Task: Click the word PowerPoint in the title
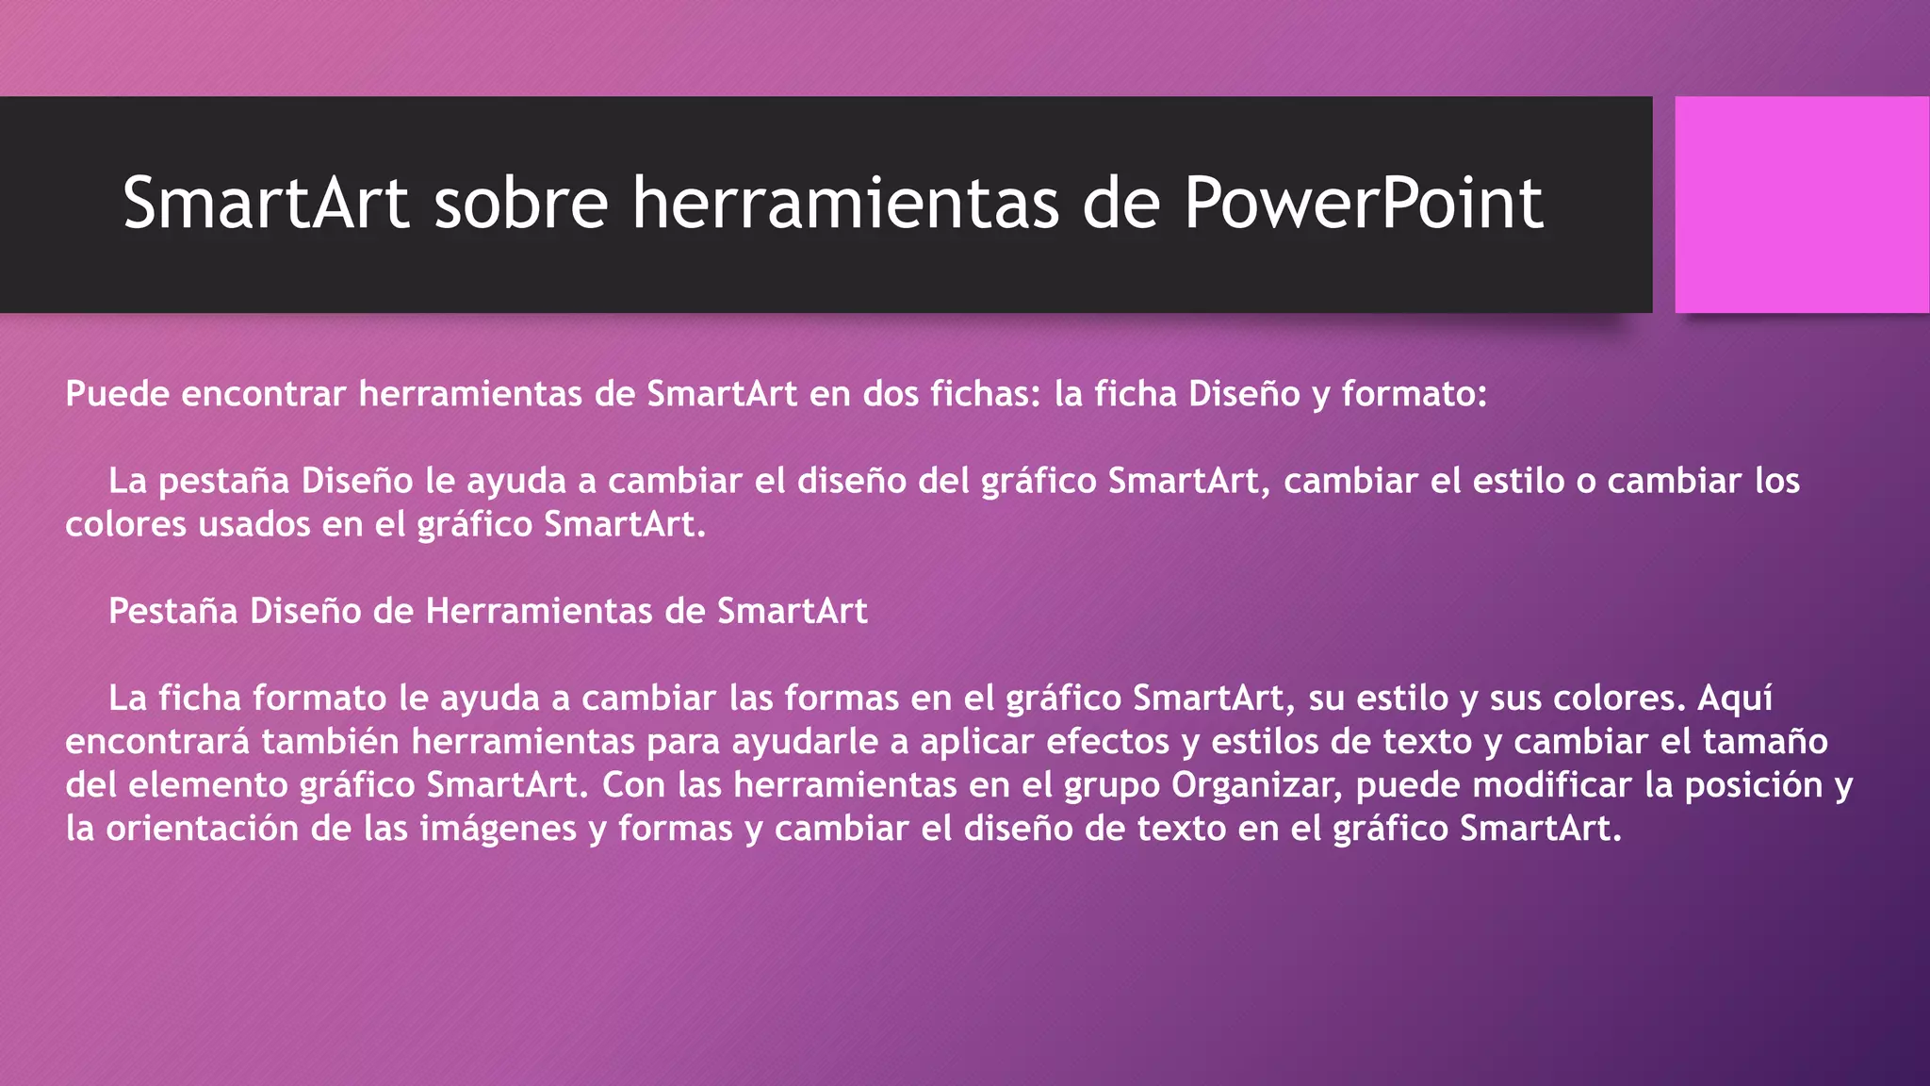click(x=1363, y=204)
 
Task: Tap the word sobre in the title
click(x=520, y=204)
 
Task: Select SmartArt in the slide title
click(x=266, y=204)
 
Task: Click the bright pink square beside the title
click(x=1801, y=205)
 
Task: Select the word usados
click(x=254, y=524)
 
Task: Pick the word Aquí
click(x=1735, y=699)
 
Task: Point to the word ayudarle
click(x=805, y=742)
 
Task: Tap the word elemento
click(x=210, y=785)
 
